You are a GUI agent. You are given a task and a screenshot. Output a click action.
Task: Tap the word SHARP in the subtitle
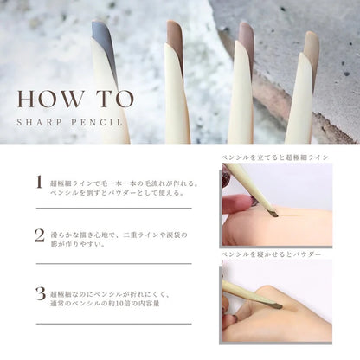[x=39, y=122]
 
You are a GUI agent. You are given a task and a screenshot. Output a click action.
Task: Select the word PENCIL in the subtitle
[x=97, y=122]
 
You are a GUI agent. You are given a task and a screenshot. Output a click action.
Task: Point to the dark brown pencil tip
[x=176, y=37]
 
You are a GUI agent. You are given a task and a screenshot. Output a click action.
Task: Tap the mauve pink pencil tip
[x=247, y=41]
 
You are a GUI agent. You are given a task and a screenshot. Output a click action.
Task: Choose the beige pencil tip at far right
[x=312, y=49]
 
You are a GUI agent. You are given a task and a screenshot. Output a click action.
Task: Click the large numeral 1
[x=39, y=182]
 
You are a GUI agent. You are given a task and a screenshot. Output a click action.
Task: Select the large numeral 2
[x=40, y=235]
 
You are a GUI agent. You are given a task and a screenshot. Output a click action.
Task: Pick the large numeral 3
[x=41, y=293]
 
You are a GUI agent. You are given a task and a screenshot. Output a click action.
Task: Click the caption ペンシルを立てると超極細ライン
[x=275, y=157]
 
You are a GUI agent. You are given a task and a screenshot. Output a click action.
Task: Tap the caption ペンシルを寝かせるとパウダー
[x=271, y=254]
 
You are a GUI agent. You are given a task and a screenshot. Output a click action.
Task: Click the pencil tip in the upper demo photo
[x=273, y=214]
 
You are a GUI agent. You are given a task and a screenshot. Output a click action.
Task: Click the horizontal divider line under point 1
[x=114, y=208]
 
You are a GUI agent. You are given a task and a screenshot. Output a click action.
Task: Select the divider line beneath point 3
[x=114, y=324]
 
